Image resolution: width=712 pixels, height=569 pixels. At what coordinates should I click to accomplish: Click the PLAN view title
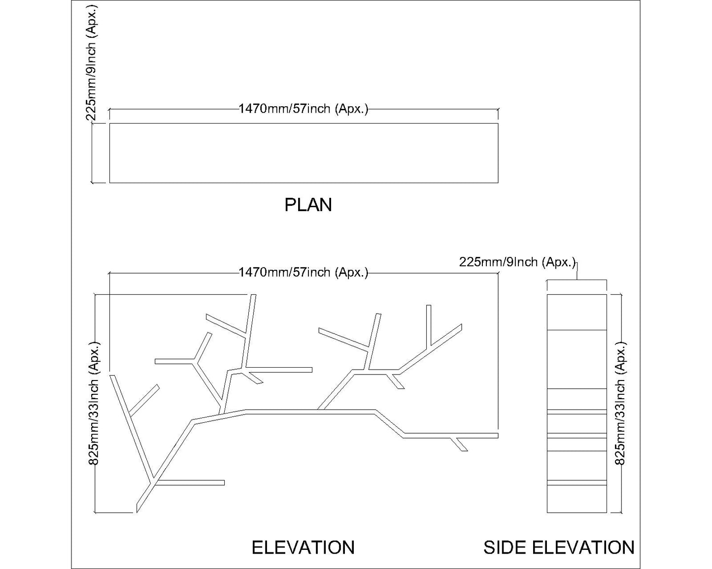308,205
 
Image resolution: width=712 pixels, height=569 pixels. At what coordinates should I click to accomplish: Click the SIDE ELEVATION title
559,547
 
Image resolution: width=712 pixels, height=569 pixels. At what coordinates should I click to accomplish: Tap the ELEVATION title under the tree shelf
303,547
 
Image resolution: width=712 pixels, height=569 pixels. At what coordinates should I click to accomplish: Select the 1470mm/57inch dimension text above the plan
304,109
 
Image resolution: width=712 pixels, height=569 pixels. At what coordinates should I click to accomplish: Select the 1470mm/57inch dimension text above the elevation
304,272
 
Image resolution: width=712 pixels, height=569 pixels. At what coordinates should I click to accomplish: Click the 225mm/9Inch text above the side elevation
517,262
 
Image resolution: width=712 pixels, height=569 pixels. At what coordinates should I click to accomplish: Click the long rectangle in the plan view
304,153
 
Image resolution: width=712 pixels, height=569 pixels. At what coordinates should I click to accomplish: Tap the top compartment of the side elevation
576,312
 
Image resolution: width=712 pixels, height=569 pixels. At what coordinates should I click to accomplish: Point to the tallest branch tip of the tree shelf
254,296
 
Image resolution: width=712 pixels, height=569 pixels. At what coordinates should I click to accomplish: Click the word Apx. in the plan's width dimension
352,109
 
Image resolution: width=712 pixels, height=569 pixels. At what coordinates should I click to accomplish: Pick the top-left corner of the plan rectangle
109,124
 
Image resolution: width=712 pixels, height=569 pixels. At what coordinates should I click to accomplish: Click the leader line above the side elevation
577,271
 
